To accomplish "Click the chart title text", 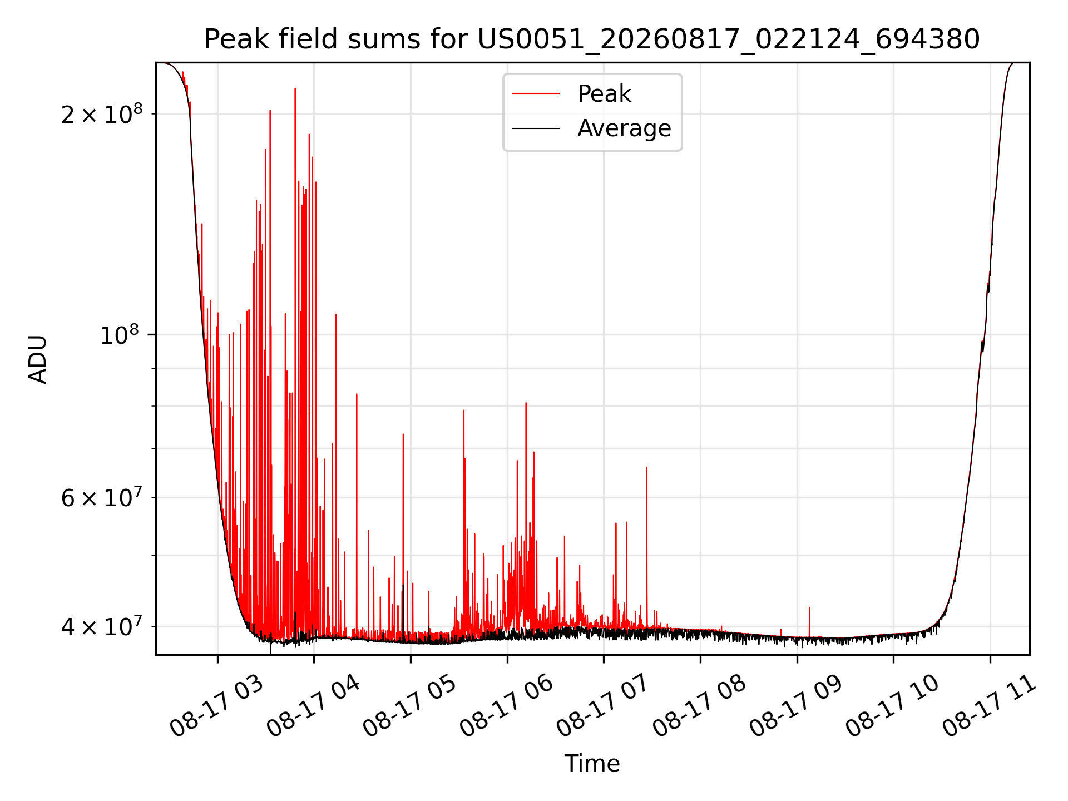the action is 592,39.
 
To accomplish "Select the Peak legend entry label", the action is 604,94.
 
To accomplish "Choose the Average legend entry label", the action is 624,128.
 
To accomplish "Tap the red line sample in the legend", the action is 536,94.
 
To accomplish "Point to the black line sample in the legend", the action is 536,128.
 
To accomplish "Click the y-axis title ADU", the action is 38,359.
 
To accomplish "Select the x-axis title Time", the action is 592,764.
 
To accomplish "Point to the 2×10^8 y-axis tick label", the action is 102,114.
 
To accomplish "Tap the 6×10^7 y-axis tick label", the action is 102,498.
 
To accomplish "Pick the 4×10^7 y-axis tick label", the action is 102,627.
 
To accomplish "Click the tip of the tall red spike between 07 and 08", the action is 646,467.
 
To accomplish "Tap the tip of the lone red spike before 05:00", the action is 403,434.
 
